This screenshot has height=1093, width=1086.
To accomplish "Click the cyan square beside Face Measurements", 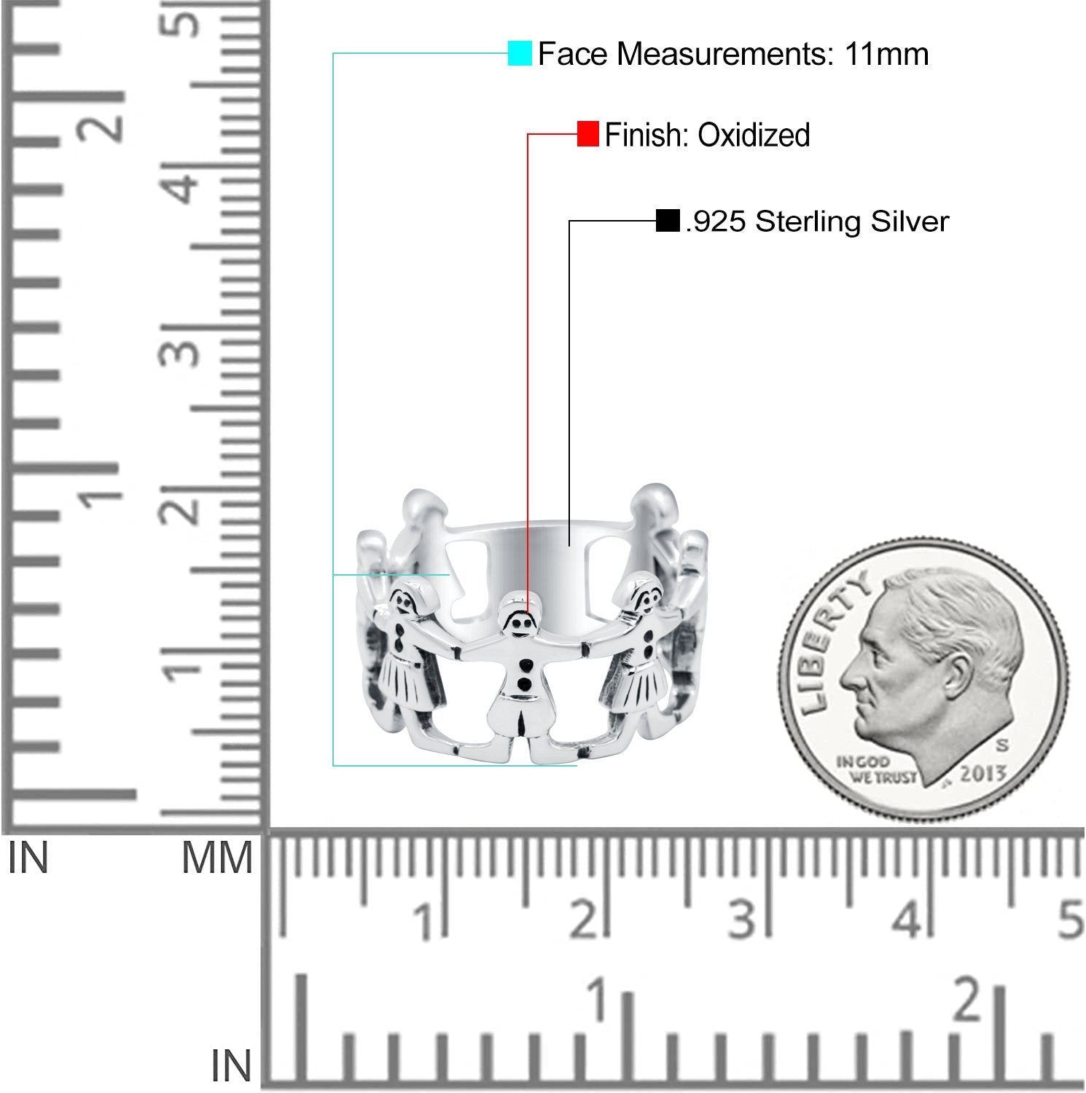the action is (x=520, y=54).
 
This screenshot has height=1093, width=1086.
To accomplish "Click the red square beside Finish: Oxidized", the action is (x=587, y=134).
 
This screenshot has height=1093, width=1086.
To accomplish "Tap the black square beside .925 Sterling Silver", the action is (x=668, y=221).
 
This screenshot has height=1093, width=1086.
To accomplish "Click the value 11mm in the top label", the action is (x=887, y=55).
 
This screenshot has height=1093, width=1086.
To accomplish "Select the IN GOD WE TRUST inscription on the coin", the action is (x=874, y=769).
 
